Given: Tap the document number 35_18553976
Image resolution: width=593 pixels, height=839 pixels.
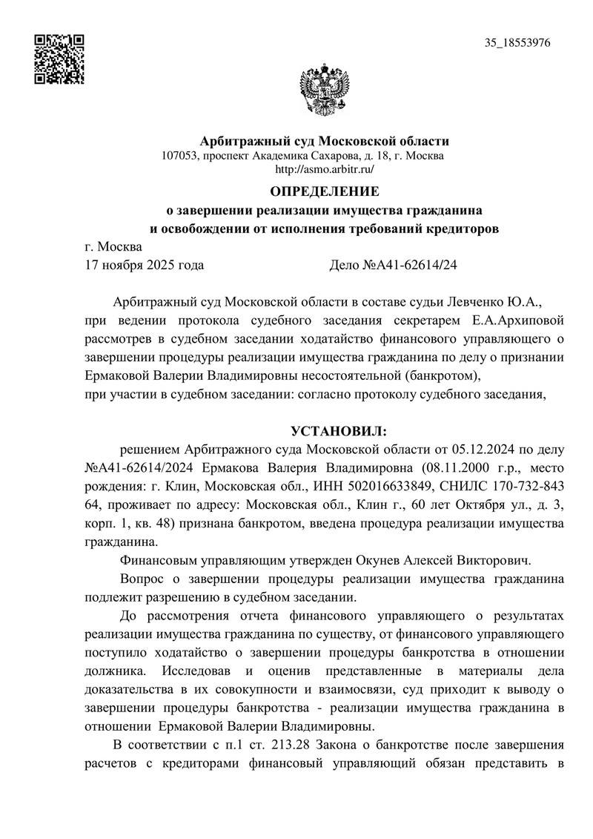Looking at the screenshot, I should point(517,43).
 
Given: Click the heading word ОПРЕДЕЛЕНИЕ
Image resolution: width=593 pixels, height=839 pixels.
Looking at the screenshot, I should point(324,191).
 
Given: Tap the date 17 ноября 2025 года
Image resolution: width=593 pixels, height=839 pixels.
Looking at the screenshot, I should point(145,264).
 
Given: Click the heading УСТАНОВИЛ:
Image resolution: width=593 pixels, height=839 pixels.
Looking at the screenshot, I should point(339,431).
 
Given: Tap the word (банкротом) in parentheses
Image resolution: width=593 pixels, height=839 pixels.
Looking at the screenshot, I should point(448,375).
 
